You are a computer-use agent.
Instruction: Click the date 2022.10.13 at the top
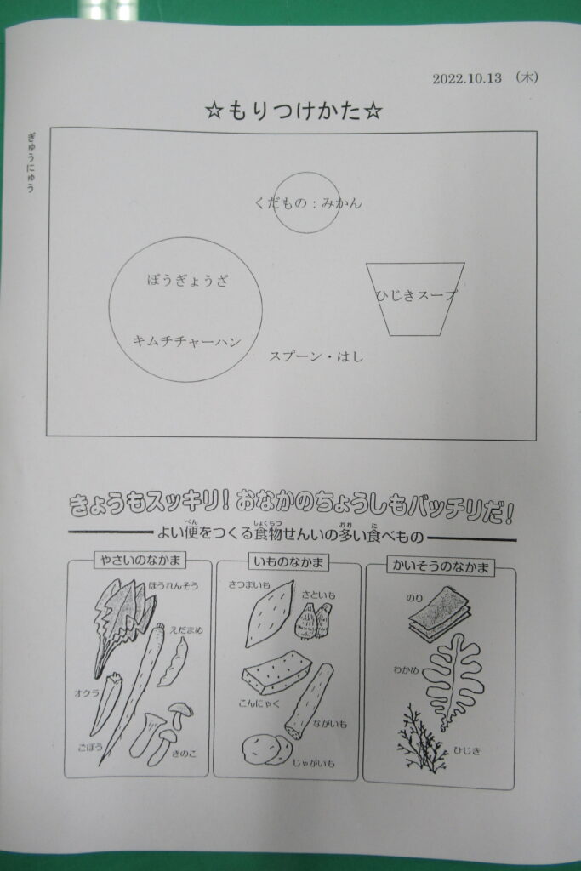click(x=466, y=77)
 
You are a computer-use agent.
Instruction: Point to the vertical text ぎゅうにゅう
click(x=31, y=162)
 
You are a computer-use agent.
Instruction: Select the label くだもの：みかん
click(x=308, y=202)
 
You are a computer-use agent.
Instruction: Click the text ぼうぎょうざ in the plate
click(x=188, y=279)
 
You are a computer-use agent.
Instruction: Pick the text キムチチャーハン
click(x=186, y=340)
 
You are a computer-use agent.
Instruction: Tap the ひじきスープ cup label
click(x=416, y=295)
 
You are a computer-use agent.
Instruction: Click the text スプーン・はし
click(x=316, y=356)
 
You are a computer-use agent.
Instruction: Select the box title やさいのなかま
click(x=140, y=560)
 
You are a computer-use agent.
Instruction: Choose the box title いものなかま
click(x=288, y=562)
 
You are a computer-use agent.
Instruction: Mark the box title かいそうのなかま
click(x=440, y=566)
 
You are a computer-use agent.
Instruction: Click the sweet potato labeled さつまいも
click(x=269, y=614)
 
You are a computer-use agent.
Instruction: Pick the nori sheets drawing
click(x=439, y=615)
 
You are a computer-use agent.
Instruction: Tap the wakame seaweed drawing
click(x=453, y=681)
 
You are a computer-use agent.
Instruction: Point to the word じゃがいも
click(x=315, y=763)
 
